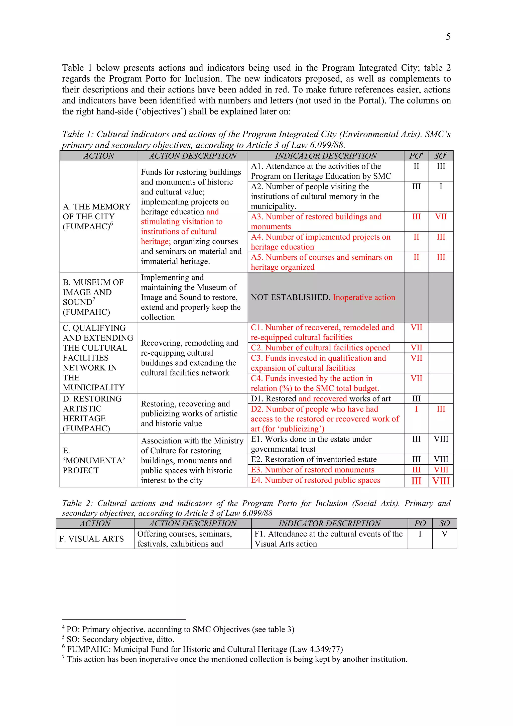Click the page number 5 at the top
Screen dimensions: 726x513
(448, 37)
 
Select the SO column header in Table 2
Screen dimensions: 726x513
(444, 523)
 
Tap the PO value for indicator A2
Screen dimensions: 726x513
(416, 186)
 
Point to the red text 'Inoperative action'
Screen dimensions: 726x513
(364, 297)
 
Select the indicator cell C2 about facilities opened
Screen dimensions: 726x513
(320, 348)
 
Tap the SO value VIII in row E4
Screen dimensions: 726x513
(441, 481)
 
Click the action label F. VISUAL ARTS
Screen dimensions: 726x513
(91, 539)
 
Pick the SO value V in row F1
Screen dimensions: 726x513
(444, 534)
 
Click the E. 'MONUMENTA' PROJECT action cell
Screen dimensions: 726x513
(94, 460)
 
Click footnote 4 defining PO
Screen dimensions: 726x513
(179, 629)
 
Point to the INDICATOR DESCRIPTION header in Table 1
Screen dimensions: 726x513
(326, 156)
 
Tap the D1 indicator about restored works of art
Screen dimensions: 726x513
(321, 399)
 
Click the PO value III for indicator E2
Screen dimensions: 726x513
(416, 459)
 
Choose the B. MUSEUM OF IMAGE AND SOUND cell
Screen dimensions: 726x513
(93, 297)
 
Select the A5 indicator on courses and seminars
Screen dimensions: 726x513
(321, 262)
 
